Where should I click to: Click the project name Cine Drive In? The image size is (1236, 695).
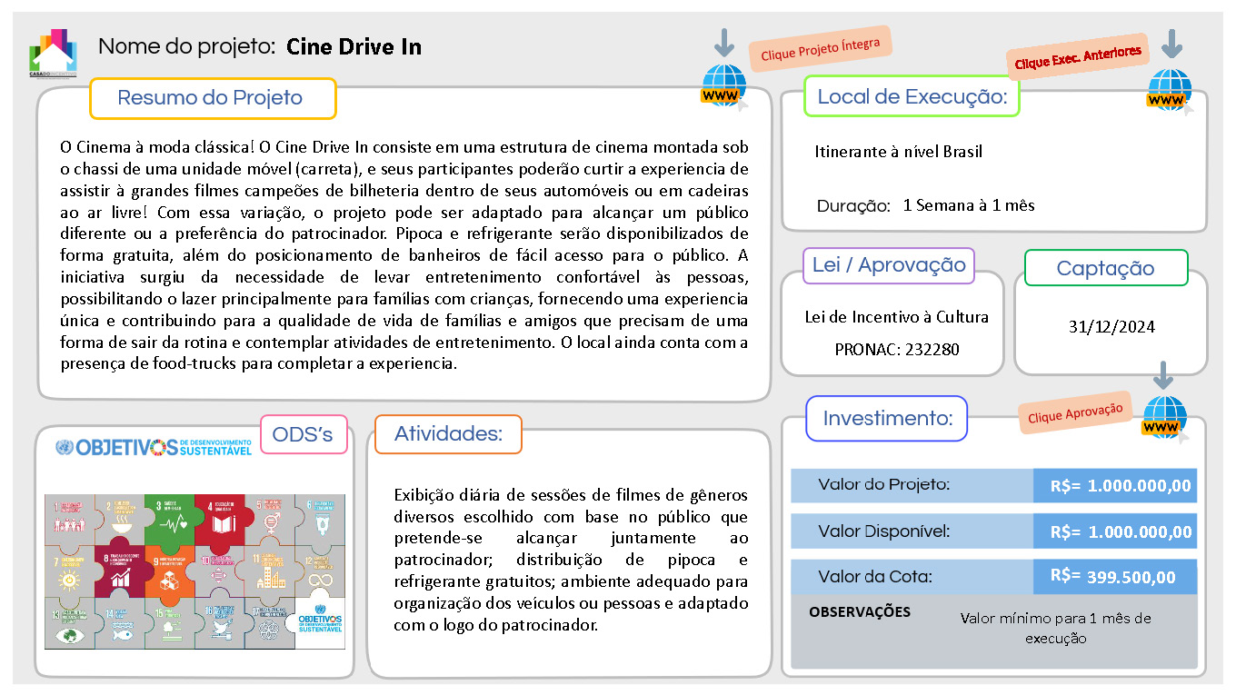(x=354, y=47)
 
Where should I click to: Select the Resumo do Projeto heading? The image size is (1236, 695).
(x=211, y=98)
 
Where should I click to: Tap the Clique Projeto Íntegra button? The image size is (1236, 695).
(x=821, y=49)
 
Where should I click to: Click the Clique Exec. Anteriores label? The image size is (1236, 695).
(x=1077, y=57)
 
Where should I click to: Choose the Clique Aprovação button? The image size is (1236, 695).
(x=1075, y=412)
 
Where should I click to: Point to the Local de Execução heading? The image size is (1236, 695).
(x=912, y=96)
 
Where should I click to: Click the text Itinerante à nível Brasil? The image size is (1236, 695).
(x=898, y=152)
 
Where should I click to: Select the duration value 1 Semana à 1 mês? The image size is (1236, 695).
(x=969, y=205)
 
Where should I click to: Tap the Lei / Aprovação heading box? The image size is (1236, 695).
(x=889, y=265)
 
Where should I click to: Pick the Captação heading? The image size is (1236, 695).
(x=1105, y=268)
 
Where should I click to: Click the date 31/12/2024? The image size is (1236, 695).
(x=1111, y=326)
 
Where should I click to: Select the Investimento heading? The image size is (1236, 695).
(x=887, y=419)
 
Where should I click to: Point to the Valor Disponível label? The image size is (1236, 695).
(x=883, y=531)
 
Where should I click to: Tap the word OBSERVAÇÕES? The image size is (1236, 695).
(x=859, y=612)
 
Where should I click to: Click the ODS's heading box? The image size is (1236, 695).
(x=303, y=435)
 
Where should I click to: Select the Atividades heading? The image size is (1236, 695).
(x=448, y=434)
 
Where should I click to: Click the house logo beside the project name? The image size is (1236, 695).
(x=53, y=55)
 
